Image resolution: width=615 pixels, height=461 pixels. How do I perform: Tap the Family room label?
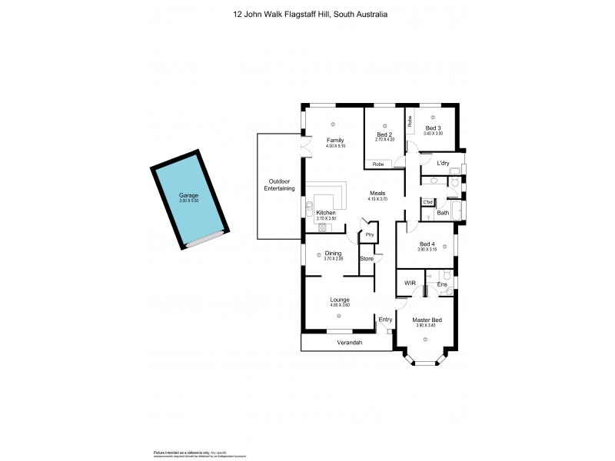(x=334, y=140)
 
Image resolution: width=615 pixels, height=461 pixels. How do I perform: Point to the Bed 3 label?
(x=433, y=128)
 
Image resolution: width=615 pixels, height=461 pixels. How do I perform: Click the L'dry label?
(x=443, y=163)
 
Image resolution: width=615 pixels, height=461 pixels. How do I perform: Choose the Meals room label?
(x=377, y=194)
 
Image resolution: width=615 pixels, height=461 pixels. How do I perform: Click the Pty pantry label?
(x=370, y=234)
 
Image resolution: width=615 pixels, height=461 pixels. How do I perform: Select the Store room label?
(x=367, y=259)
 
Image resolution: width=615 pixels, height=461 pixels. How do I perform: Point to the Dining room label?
(x=332, y=253)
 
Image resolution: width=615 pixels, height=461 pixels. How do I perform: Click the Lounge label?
(x=340, y=300)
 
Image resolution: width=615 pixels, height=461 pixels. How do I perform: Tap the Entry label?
(x=385, y=320)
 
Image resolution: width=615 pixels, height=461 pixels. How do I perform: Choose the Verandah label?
(x=349, y=343)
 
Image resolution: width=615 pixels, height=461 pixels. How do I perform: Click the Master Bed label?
(x=426, y=320)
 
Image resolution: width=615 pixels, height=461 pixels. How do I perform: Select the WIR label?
(x=410, y=284)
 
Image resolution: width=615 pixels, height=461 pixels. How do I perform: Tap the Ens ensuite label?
(x=442, y=284)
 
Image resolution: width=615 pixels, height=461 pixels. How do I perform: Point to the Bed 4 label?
(x=426, y=244)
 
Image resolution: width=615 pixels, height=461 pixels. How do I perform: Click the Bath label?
(x=443, y=213)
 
